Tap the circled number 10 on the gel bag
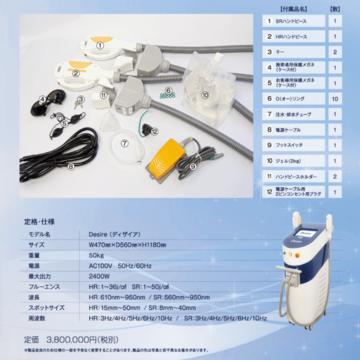[205, 95]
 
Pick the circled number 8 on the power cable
[71, 166]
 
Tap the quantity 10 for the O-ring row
[334, 99]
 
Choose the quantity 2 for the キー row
[334, 52]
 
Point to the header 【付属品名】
[293, 9]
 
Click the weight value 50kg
[98, 255]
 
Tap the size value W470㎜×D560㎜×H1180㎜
[128, 244]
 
